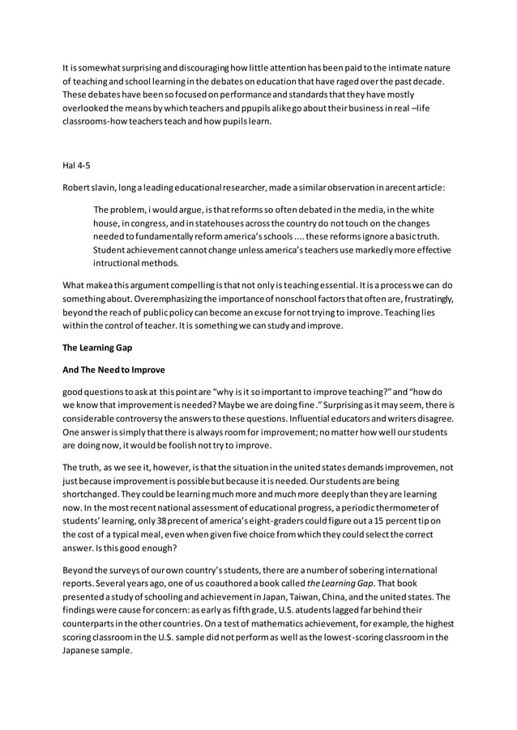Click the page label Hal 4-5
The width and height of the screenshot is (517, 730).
(77, 165)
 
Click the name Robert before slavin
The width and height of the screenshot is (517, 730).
(79, 187)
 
